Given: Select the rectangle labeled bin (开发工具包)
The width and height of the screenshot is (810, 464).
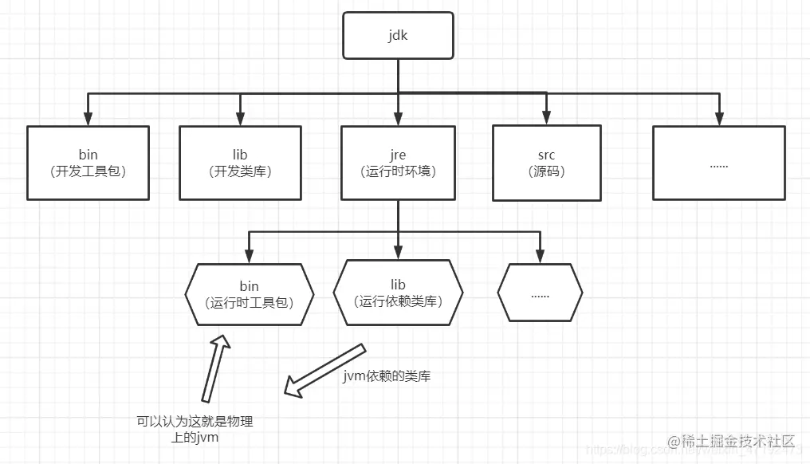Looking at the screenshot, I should pos(88,163).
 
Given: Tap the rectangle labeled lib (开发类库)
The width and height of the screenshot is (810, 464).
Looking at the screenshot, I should pos(240,163).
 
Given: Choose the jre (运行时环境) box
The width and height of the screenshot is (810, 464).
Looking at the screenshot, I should pos(398,163).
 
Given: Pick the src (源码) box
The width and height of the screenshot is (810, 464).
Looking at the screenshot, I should pos(546,163).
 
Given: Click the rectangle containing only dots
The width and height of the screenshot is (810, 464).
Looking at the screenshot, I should pos(718,163).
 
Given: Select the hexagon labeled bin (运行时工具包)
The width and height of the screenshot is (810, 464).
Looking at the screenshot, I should pos(249,293).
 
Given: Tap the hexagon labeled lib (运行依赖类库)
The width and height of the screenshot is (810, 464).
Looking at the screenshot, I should pos(398,292).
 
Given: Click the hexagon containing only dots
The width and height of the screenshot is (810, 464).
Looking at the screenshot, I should pos(540,293).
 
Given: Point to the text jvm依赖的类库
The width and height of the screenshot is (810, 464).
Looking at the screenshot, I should pos(387,376).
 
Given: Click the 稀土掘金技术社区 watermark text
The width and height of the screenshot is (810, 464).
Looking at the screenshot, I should pos(732,441).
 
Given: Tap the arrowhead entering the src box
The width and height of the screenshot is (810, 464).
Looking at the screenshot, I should pos(546,119).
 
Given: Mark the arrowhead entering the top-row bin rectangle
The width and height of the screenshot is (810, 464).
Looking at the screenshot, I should pos(88,119).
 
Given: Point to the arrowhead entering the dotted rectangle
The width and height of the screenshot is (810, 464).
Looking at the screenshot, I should pos(718,119).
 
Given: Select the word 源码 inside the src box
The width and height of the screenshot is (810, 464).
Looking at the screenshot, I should pos(546,171).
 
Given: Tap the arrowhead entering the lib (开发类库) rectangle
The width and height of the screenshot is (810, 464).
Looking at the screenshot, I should pos(240,119).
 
